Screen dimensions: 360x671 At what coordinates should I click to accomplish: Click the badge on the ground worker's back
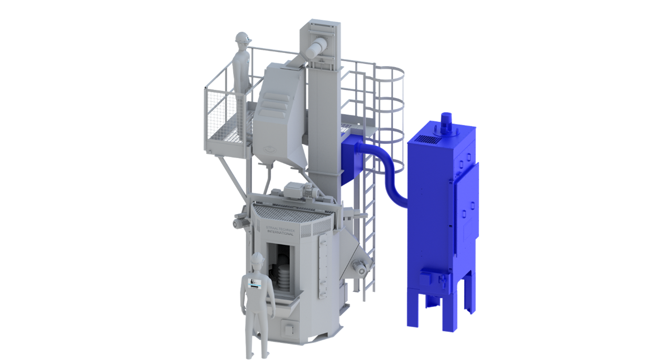point(255,284)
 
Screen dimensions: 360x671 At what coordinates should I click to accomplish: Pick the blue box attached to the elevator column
point(352,160)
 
